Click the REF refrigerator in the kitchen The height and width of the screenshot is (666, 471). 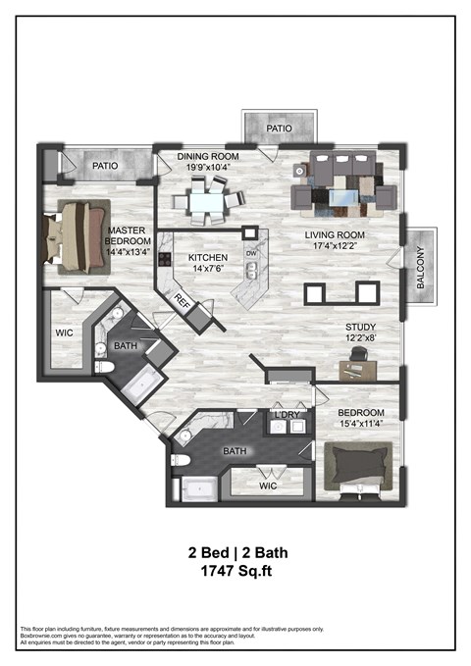[x=182, y=302]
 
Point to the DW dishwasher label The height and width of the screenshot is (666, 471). [x=251, y=253]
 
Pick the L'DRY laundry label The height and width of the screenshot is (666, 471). [x=288, y=415]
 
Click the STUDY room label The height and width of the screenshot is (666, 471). [x=359, y=329]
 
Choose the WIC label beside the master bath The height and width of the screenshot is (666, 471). [x=65, y=333]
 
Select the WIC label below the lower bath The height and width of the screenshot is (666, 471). [x=267, y=486]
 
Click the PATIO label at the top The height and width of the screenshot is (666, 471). [x=281, y=127]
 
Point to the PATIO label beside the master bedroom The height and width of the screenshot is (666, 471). [x=106, y=166]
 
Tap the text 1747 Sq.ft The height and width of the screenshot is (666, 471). [x=237, y=570]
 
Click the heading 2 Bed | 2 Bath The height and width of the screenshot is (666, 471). [x=237, y=551]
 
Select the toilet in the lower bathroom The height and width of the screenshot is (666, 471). [x=181, y=459]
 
